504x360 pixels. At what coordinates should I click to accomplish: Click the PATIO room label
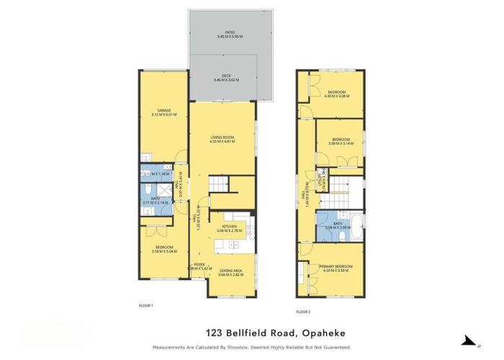coord(230,32)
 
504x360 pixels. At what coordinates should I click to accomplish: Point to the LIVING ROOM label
coord(222,137)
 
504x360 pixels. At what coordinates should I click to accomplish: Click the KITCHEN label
coord(230,226)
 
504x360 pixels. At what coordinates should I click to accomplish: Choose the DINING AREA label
coord(230,271)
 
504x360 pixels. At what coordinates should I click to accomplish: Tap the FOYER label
coord(199,264)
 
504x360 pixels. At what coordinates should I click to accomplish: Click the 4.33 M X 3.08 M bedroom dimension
coord(338,96)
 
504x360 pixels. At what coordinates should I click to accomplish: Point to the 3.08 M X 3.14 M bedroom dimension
coord(341,143)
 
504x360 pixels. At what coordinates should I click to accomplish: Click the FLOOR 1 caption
coord(146,306)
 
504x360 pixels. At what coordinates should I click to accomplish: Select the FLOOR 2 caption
coord(304,312)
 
